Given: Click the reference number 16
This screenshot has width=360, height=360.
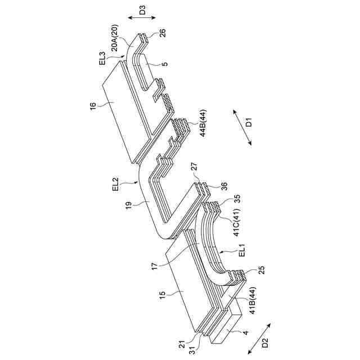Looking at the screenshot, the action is [x=93, y=105].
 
